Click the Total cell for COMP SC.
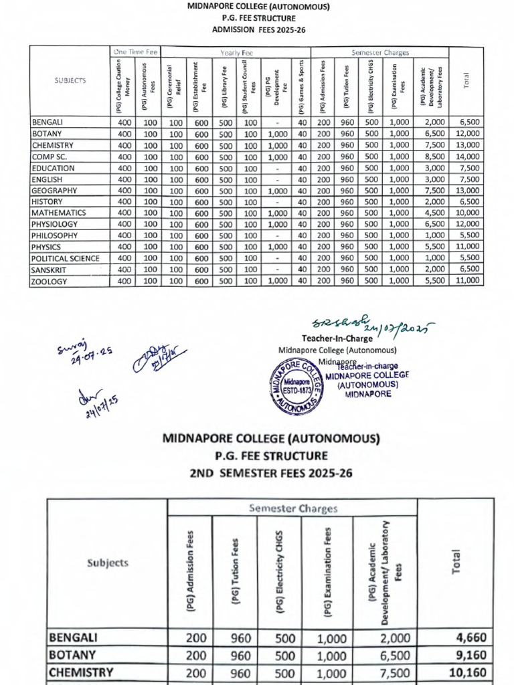(468, 157)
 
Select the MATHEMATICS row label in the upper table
(58, 213)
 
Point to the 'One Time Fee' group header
(135, 52)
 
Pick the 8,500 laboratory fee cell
(431, 157)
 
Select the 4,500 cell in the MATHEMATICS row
(431, 213)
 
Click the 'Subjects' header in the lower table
(107, 563)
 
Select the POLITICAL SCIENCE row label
(65, 258)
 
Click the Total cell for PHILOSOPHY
(468, 235)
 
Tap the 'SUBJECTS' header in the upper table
(70, 80)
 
